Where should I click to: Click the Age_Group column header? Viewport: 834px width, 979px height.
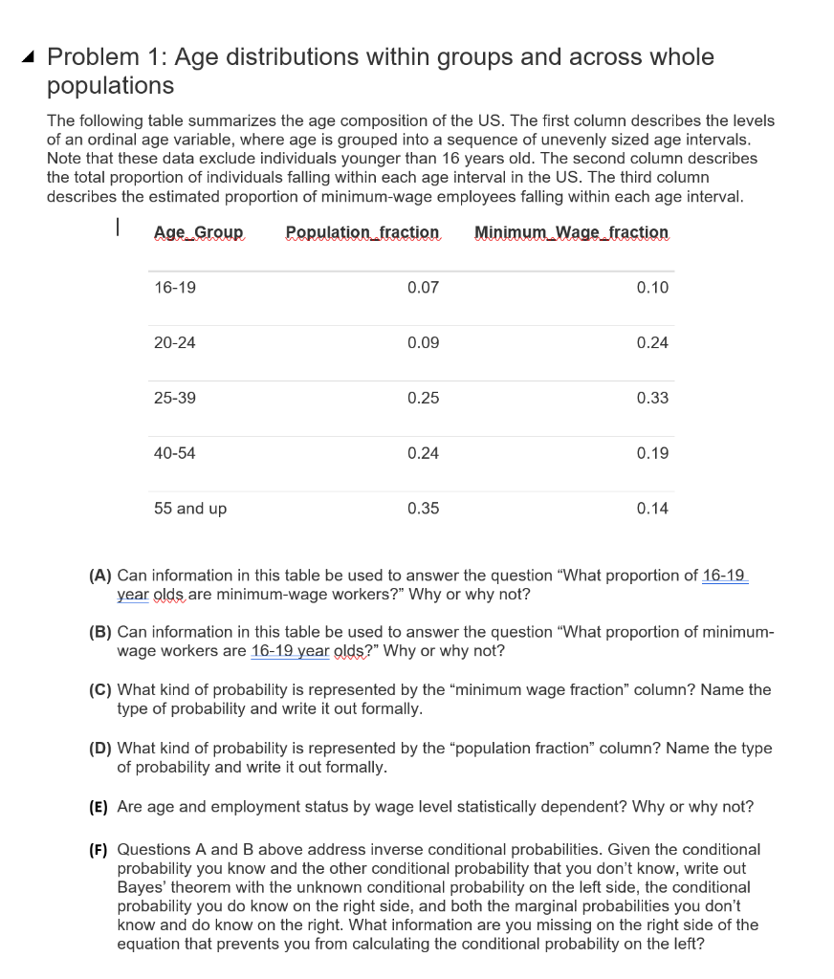(x=199, y=232)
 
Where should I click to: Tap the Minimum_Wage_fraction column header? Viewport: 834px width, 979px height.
(x=571, y=232)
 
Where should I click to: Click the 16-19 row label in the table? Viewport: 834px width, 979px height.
(x=175, y=288)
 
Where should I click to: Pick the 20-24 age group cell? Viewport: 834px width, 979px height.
(x=175, y=343)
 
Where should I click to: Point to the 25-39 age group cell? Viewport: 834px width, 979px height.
(x=175, y=398)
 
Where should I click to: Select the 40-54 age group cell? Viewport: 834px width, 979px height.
(x=175, y=453)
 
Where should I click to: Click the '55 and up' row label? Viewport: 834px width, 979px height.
(x=190, y=509)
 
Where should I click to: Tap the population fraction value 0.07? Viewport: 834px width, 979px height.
(x=423, y=288)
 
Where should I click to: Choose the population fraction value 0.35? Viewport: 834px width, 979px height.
(x=423, y=509)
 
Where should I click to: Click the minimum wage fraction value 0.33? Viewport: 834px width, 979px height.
(x=652, y=398)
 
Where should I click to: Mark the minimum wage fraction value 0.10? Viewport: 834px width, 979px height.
(x=652, y=288)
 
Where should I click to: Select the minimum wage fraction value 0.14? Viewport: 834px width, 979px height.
(x=652, y=509)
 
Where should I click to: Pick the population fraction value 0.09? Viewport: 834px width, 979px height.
(x=423, y=343)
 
